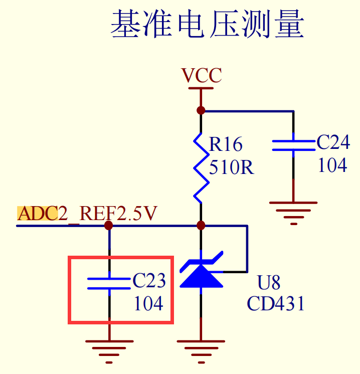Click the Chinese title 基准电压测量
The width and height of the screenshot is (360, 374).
[x=207, y=25]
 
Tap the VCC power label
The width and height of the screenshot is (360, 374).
[x=201, y=76]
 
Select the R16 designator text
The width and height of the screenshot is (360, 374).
[x=226, y=145]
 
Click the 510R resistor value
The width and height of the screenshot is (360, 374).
[x=232, y=167]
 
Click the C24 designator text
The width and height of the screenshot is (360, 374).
[x=333, y=143]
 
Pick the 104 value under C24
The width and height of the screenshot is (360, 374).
[x=332, y=165]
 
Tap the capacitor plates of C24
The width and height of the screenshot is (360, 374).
[x=293, y=145]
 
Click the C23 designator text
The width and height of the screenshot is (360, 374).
[x=149, y=281]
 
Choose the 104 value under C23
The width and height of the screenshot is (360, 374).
[x=148, y=303]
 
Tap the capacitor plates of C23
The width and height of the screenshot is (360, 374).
[x=109, y=284]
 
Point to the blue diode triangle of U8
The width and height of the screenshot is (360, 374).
[x=201, y=276]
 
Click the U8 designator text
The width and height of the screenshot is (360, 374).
[x=269, y=283]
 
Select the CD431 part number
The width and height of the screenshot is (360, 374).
[x=276, y=304]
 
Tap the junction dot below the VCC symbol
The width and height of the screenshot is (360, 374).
[x=201, y=110]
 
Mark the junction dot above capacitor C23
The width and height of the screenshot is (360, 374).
[x=109, y=226]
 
